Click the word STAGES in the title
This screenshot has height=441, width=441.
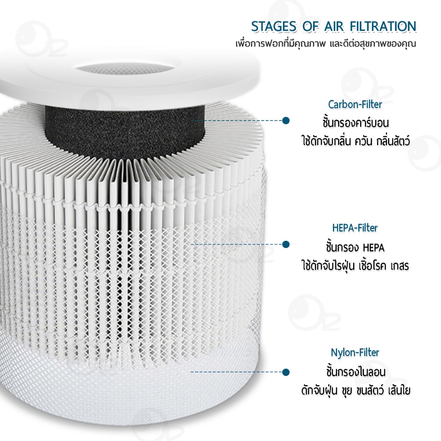pos(274,27)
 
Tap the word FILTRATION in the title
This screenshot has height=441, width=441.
pos(383,27)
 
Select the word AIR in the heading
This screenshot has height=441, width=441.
pos(334,27)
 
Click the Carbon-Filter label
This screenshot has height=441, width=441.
pos(355,104)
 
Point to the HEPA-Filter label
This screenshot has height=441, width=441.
pos(355,228)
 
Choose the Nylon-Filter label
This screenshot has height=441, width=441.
pos(355,352)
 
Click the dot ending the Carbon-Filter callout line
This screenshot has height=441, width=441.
pos(286,121)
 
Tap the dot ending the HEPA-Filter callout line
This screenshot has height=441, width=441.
pos(286,245)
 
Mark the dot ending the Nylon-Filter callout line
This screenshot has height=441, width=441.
pos(286,372)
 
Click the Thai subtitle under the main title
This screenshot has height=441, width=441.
pos(326,44)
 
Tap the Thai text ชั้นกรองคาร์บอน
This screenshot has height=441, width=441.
pos(355,123)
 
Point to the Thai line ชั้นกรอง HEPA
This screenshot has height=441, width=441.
pos(355,248)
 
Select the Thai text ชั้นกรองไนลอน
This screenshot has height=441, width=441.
pos(356,372)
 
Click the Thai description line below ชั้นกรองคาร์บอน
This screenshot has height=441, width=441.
pos(355,141)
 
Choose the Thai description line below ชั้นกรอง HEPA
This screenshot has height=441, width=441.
pos(355,265)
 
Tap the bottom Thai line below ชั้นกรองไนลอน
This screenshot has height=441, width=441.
pos(356,390)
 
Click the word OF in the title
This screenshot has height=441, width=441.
pos(311,27)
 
